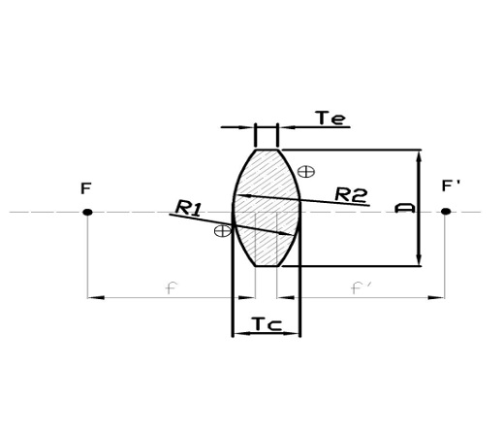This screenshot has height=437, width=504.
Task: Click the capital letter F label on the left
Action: [x=86, y=188]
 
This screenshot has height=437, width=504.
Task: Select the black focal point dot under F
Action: [x=87, y=212]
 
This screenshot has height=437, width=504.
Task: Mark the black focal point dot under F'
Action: [x=445, y=212]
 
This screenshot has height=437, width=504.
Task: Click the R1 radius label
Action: [x=188, y=207]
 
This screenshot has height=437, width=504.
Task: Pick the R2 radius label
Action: [x=351, y=194]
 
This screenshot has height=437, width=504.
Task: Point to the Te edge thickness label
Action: [x=331, y=118]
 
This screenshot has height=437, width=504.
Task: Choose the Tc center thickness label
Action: [x=267, y=323]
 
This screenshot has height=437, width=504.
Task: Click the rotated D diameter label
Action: [x=408, y=208]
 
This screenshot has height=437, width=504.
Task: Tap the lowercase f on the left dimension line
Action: [x=171, y=288]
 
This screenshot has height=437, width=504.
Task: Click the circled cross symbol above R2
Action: [x=306, y=171]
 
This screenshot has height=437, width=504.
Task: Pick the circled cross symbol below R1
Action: [x=222, y=230]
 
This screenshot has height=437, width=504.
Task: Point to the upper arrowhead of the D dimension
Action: [x=419, y=155]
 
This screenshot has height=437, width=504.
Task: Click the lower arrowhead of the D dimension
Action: [x=419, y=259]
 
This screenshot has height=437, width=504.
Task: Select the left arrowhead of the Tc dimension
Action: [x=238, y=333]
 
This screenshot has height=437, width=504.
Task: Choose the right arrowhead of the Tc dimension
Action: [x=295, y=333]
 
